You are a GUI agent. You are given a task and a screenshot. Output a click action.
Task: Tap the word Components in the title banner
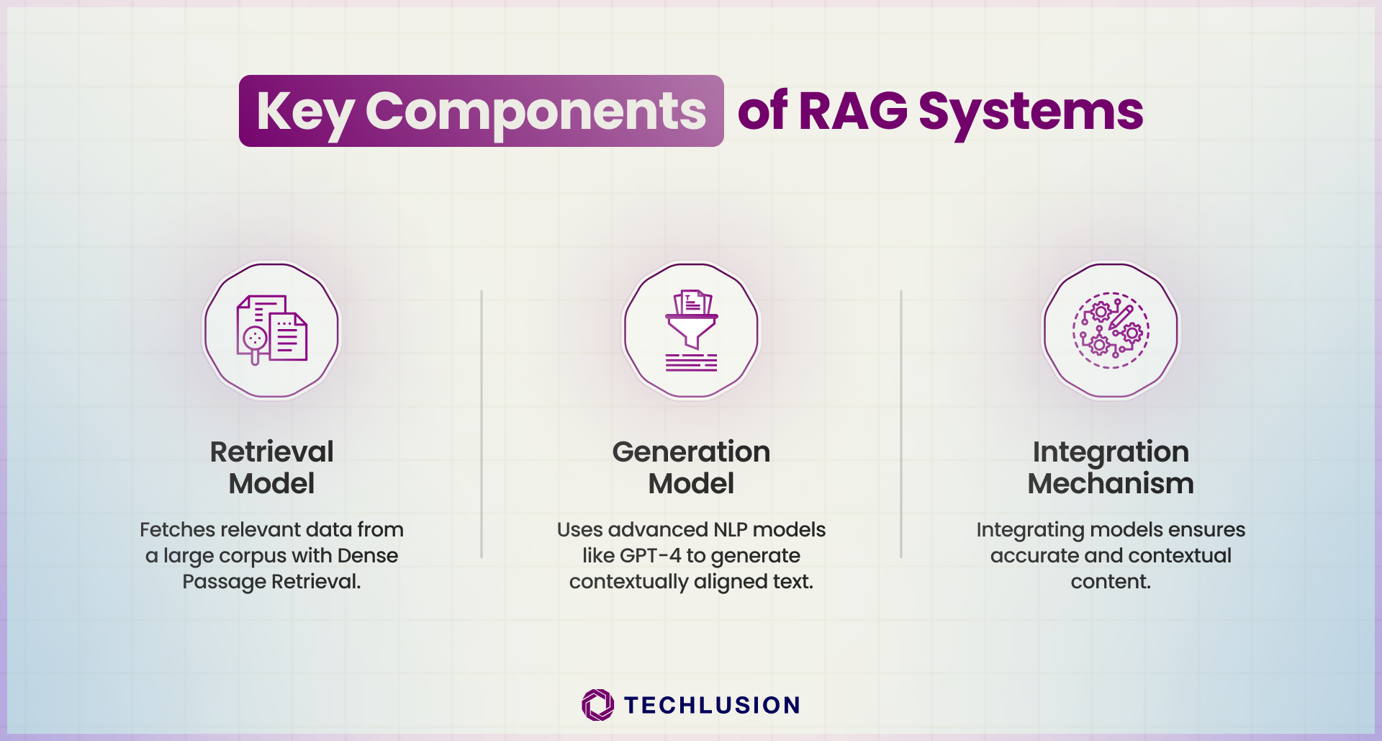[536, 112]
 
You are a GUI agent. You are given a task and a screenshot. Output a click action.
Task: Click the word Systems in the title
[1031, 114]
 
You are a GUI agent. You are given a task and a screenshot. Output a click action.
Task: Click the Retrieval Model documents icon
[272, 330]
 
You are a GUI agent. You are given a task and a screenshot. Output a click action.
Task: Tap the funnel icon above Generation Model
[691, 331]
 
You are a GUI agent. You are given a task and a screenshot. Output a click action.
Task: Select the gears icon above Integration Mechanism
[1111, 331]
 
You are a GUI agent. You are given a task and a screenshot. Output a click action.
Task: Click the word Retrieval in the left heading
[272, 452]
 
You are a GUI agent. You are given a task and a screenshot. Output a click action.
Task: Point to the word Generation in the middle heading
[691, 452]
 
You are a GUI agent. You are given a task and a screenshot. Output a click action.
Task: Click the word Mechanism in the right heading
[1111, 483]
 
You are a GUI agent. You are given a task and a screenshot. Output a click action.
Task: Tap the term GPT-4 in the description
[650, 555]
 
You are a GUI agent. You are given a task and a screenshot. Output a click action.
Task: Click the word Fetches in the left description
[178, 529]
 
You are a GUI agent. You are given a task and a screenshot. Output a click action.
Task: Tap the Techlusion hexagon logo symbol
[598, 705]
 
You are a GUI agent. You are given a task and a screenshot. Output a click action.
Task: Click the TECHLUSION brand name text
[712, 705]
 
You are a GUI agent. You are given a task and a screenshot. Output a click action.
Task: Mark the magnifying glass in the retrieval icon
[254, 342]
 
